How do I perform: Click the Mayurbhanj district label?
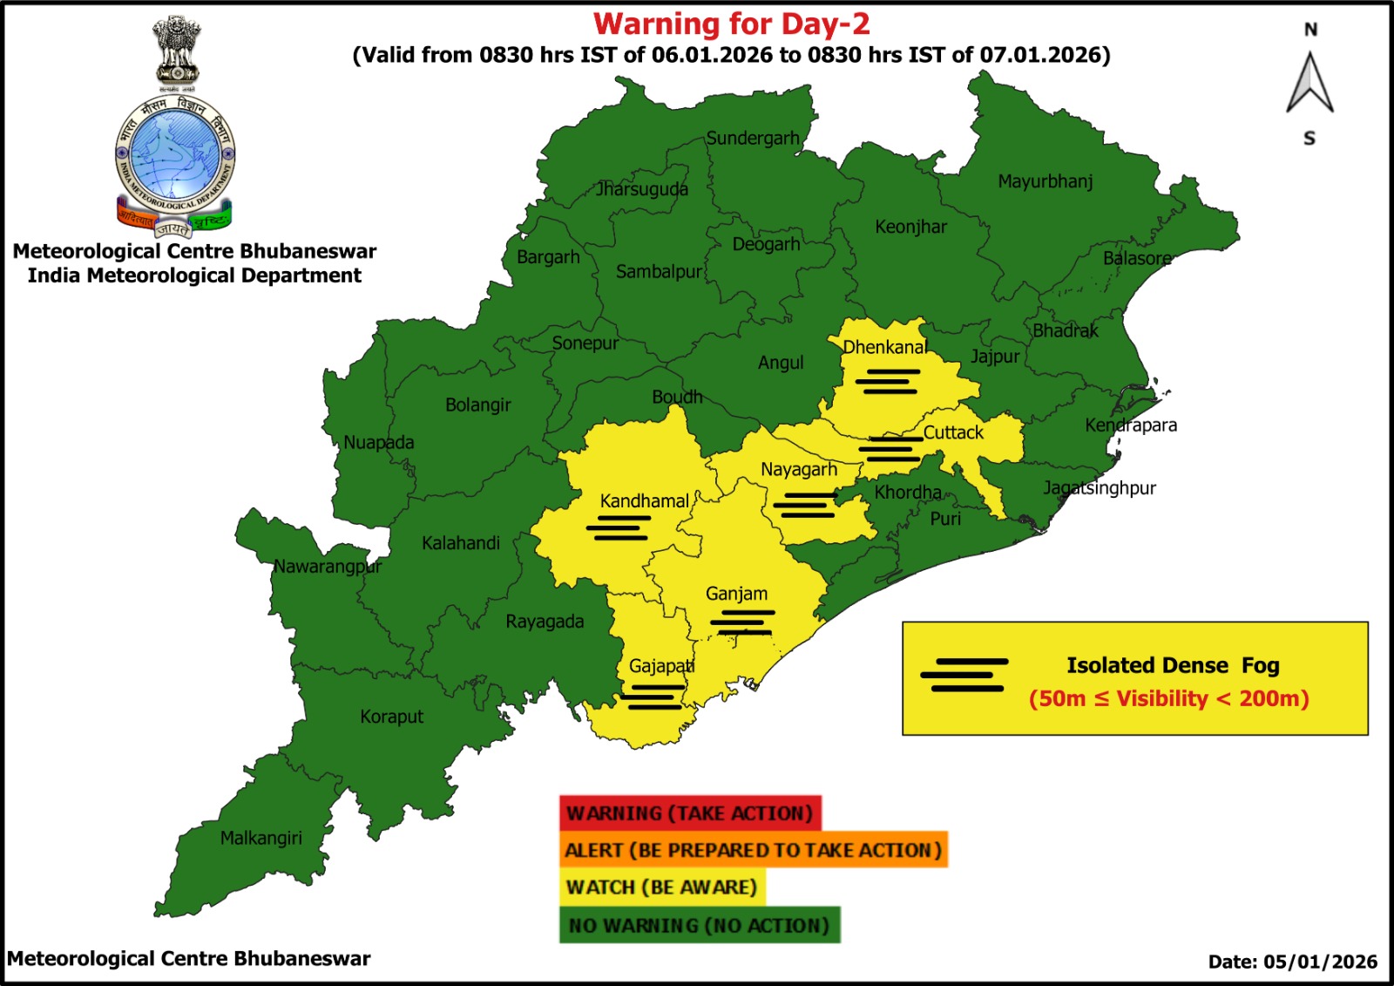point(1045,181)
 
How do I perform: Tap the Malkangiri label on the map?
point(261,838)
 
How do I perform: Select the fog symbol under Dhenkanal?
point(887,381)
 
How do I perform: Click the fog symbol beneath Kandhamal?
point(618,527)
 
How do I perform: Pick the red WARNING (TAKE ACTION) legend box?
point(689,813)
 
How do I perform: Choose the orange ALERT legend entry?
point(753,850)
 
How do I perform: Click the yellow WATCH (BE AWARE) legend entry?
point(661,887)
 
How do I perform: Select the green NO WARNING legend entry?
point(699,925)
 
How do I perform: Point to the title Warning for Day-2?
point(731,24)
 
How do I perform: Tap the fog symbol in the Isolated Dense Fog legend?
point(964,675)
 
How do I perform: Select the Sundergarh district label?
point(752,138)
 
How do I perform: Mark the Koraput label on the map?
point(391,717)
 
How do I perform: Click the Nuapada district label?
point(378,442)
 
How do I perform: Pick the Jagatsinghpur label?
point(1100,488)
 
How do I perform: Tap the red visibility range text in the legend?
point(1168,699)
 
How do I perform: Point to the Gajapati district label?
point(661,666)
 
